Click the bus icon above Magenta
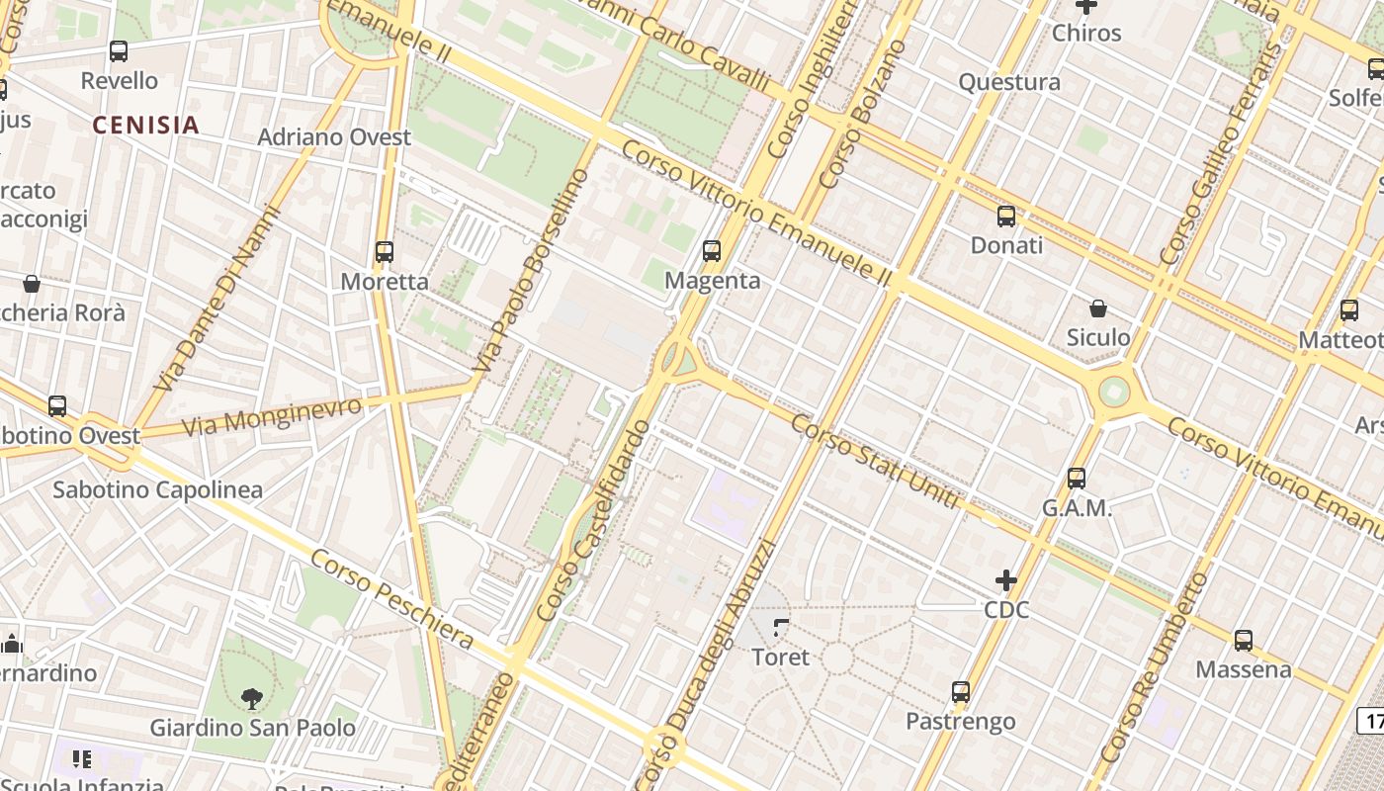click(712, 251)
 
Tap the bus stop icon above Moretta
click(385, 252)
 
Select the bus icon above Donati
click(1006, 216)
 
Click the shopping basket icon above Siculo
click(1097, 308)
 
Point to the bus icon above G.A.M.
click(1077, 479)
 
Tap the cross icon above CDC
click(1006, 580)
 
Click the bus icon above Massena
click(1244, 641)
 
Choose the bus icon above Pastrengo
click(961, 692)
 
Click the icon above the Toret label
click(781, 627)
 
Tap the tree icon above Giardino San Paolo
click(252, 698)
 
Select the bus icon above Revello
click(119, 51)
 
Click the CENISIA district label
click(146, 126)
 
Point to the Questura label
click(1009, 82)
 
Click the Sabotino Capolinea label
click(157, 489)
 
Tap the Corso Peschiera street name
click(391, 600)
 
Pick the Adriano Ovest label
click(334, 137)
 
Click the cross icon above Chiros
click(1086, 6)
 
